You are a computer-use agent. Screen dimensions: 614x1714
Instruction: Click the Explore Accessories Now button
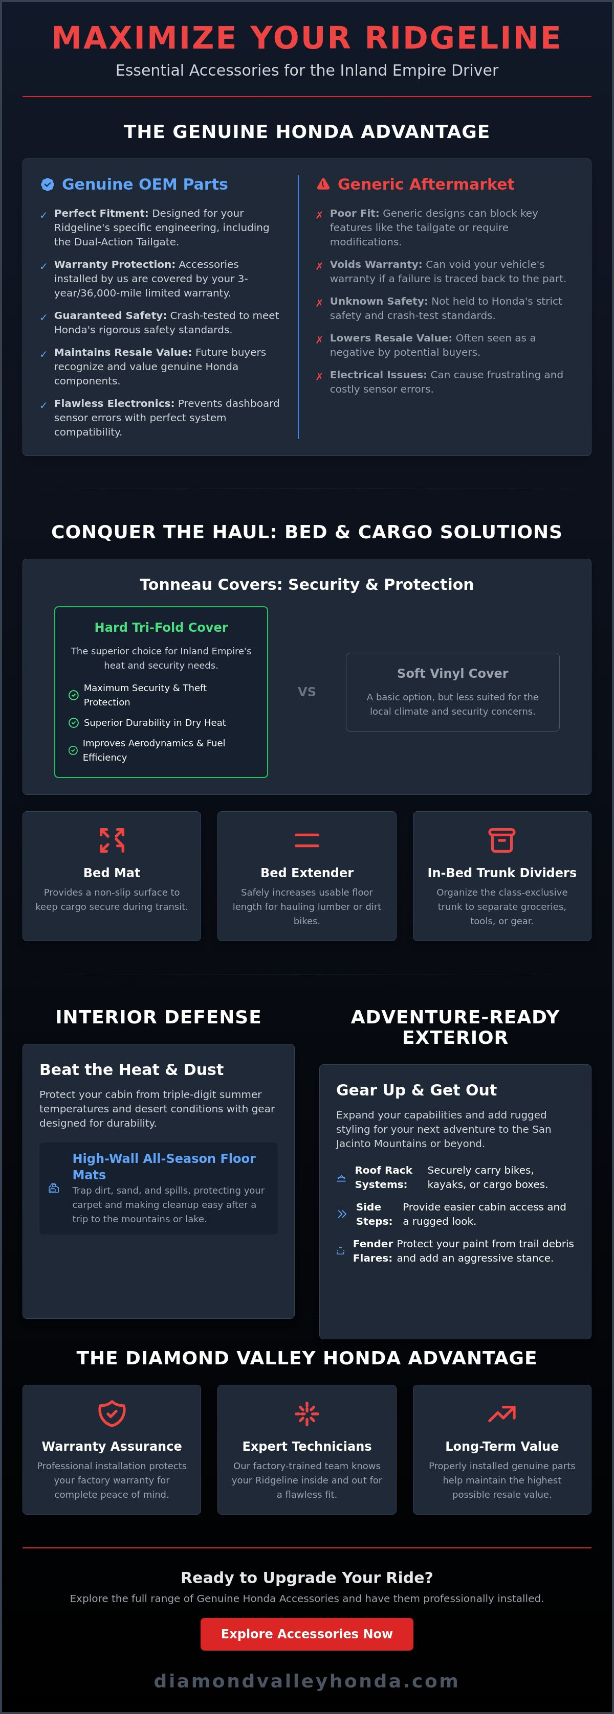click(306, 1634)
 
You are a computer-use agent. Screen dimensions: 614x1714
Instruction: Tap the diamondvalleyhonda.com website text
click(306, 1681)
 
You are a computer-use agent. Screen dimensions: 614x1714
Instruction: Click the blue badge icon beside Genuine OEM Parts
click(47, 185)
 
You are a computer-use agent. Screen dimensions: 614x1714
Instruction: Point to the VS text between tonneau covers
click(306, 691)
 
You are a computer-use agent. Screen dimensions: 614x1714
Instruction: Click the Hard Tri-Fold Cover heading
click(161, 627)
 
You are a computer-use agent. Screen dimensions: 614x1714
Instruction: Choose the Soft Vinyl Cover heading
click(452, 673)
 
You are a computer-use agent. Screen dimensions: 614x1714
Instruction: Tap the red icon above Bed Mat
click(112, 840)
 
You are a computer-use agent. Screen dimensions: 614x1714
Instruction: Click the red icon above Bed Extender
click(306, 840)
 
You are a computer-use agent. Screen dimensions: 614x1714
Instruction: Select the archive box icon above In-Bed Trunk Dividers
click(501, 840)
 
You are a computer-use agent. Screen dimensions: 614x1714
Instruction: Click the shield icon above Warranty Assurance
click(112, 1413)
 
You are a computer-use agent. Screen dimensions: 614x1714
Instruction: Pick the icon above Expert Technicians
click(306, 1413)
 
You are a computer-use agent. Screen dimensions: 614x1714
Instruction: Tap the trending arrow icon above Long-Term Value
click(501, 1413)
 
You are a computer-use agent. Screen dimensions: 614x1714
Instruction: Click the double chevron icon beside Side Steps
click(342, 1214)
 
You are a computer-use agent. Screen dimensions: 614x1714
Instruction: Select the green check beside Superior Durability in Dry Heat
click(73, 723)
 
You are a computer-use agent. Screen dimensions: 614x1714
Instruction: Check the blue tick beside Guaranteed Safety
click(43, 317)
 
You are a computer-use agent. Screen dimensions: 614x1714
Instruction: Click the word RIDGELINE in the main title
click(463, 37)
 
